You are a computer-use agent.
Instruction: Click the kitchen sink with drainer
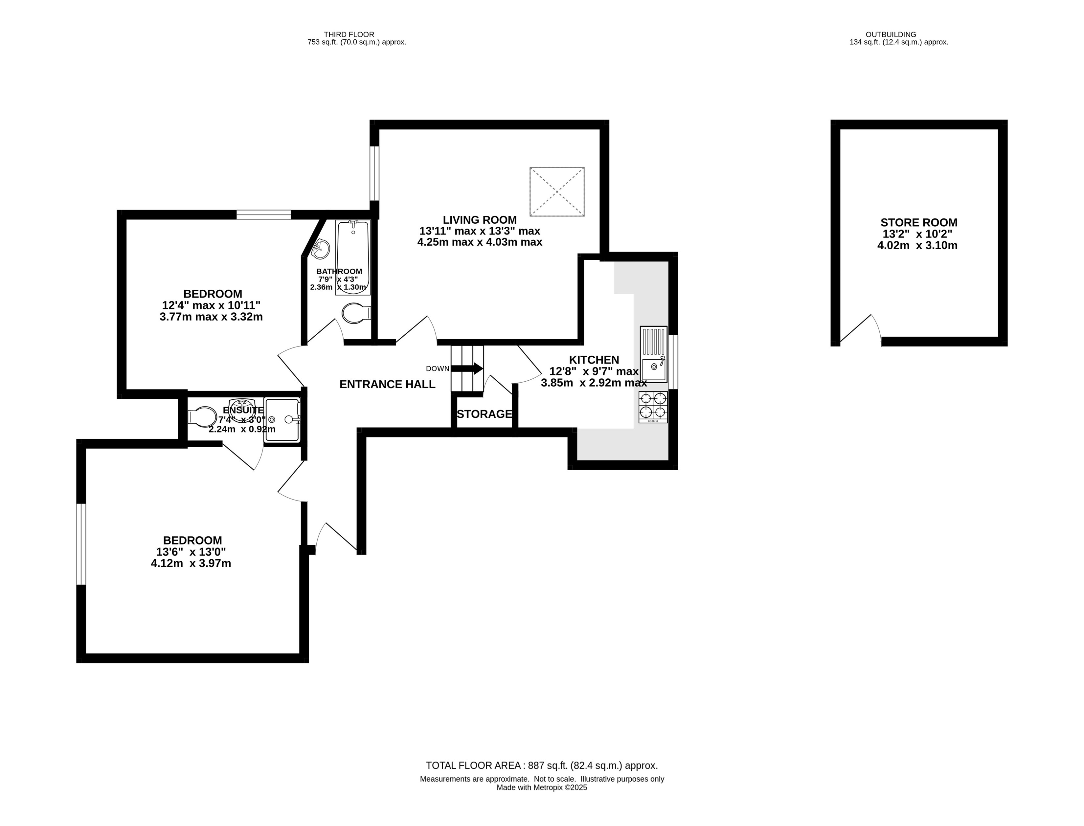click(x=653, y=354)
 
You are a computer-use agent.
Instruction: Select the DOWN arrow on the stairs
click(x=467, y=368)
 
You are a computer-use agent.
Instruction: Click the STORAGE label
click(x=484, y=414)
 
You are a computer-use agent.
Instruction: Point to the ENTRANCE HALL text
click(x=387, y=385)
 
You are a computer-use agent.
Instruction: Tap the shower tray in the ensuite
click(x=282, y=419)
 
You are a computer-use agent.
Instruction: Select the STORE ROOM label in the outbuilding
click(x=918, y=222)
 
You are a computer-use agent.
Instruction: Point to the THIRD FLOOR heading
click(x=349, y=34)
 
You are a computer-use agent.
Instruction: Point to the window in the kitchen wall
click(x=673, y=362)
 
